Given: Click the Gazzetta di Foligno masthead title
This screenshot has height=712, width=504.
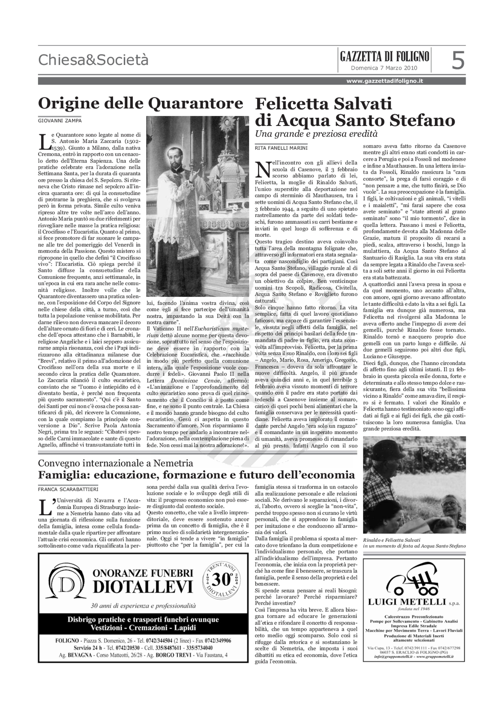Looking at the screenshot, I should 384,56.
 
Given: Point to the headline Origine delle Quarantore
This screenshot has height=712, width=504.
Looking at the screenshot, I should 140,103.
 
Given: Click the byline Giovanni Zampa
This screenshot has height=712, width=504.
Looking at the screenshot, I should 60,121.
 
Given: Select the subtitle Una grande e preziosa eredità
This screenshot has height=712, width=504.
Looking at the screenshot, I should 316,134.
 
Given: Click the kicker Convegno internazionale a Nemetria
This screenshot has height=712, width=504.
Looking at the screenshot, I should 116,463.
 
